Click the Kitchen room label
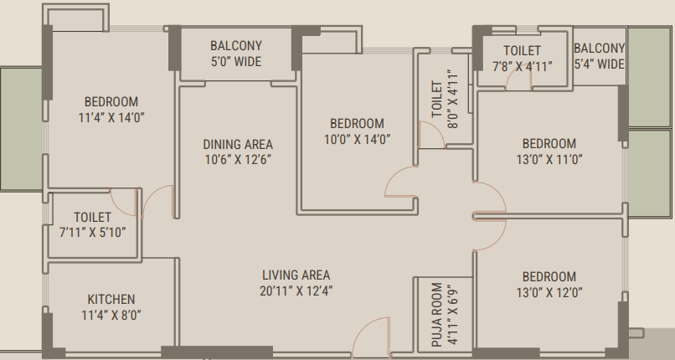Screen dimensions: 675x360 click(111, 300)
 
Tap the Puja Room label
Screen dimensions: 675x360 click(437, 315)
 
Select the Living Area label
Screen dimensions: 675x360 click(296, 275)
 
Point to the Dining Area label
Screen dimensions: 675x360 click(238, 144)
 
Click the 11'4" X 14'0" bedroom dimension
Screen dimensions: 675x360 click(111, 117)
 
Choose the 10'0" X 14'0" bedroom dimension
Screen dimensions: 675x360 click(357, 139)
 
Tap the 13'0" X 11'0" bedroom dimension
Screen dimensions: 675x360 click(549, 160)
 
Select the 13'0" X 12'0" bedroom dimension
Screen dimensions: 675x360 click(549, 292)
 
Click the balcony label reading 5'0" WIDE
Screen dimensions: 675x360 click(236, 61)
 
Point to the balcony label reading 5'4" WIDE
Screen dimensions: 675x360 click(599, 64)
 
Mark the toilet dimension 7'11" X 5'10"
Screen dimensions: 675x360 click(93, 233)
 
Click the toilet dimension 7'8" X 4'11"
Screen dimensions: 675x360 click(523, 67)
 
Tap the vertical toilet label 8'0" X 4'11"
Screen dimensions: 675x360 click(453, 99)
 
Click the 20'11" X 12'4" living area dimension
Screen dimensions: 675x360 click(296, 291)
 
